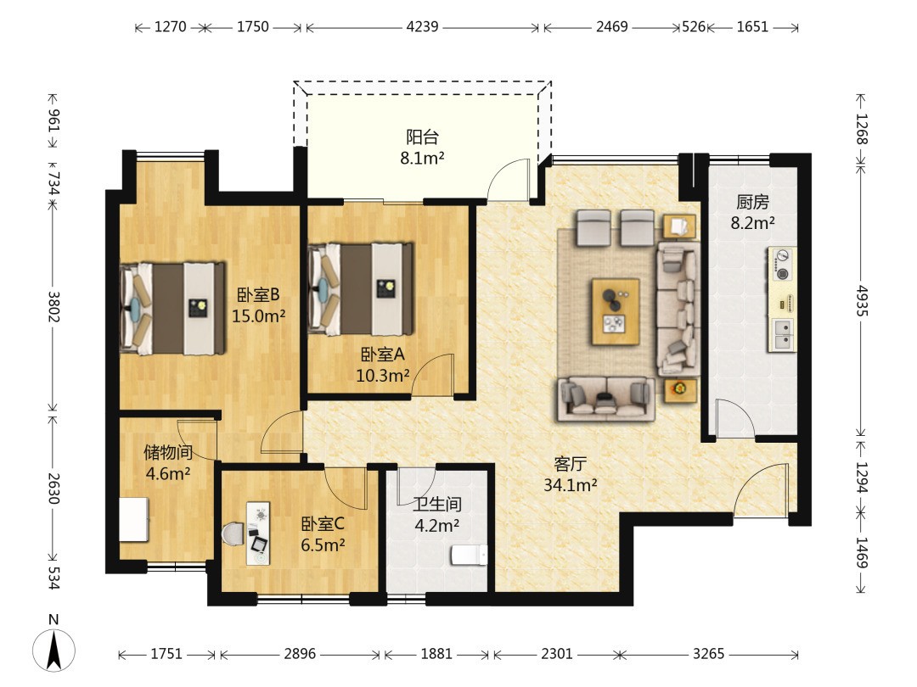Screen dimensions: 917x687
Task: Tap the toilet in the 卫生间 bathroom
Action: (x=469, y=555)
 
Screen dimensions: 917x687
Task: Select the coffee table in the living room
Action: (x=616, y=312)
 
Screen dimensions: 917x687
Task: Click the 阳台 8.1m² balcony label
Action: (x=422, y=148)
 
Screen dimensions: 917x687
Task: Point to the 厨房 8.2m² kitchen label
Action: (x=752, y=212)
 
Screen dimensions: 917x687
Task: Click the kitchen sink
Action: (x=783, y=335)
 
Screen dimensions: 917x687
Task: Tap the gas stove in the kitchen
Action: (x=782, y=264)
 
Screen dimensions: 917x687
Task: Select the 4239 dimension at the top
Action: (x=422, y=27)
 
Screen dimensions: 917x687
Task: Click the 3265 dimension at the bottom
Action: (x=708, y=653)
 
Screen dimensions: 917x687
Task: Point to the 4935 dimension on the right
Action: (x=862, y=301)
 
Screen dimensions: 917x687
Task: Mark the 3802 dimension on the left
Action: (x=53, y=306)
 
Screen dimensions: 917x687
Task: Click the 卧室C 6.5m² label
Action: (x=323, y=534)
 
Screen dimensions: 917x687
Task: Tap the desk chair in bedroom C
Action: (x=233, y=533)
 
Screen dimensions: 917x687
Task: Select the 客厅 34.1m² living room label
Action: (x=571, y=474)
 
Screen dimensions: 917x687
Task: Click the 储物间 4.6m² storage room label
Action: (x=168, y=463)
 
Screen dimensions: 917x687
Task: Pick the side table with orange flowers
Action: (x=680, y=390)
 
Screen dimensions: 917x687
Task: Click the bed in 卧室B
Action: (x=173, y=308)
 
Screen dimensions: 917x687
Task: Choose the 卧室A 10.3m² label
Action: (x=382, y=365)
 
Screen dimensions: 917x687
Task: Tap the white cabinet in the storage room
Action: (x=134, y=519)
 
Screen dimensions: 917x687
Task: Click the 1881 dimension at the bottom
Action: (x=436, y=653)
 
